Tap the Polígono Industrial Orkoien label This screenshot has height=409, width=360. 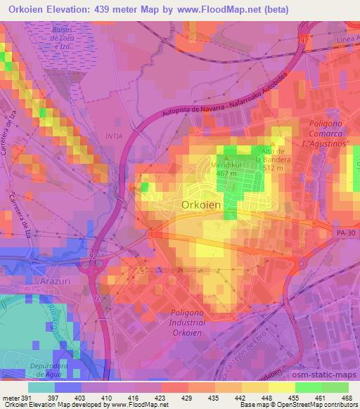tap(196, 320)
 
